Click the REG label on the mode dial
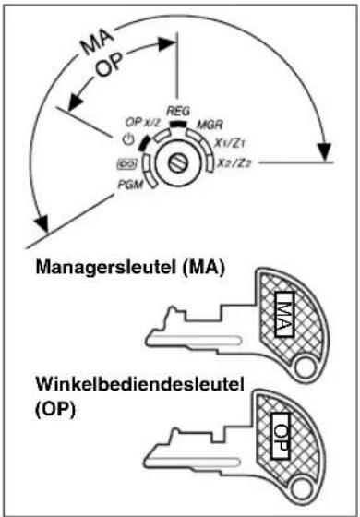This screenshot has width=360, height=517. click(177, 110)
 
